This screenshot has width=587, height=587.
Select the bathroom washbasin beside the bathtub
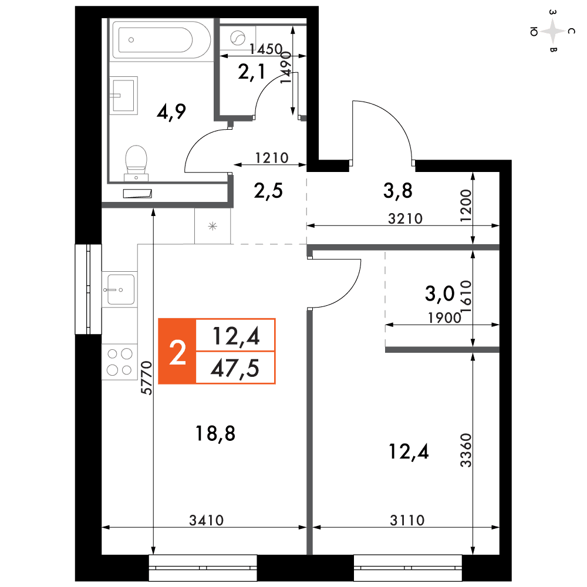tap(123, 96)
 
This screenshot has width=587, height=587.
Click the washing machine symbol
tap(237, 38)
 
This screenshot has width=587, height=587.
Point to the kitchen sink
tap(120, 289)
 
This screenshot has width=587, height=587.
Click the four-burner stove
tap(120, 362)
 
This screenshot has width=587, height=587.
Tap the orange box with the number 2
tap(177, 352)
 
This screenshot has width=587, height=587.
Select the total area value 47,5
tap(235, 369)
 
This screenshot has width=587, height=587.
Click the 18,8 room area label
tap(215, 434)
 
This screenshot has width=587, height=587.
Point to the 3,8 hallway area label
tap(397, 191)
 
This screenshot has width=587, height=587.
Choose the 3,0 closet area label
tap(440, 293)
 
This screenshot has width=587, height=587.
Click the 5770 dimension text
tap(147, 378)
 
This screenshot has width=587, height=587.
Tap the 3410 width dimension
tap(206, 520)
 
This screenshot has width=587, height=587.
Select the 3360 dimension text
tap(465, 450)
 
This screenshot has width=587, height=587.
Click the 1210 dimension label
tap(272, 158)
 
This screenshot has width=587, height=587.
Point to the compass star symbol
tap(552, 32)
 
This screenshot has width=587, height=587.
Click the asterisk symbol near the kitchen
tap(212, 226)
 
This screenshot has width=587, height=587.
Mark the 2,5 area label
tap(268, 191)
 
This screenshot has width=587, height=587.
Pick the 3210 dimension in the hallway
tap(406, 218)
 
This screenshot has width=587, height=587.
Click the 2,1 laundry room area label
tap(252, 72)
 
